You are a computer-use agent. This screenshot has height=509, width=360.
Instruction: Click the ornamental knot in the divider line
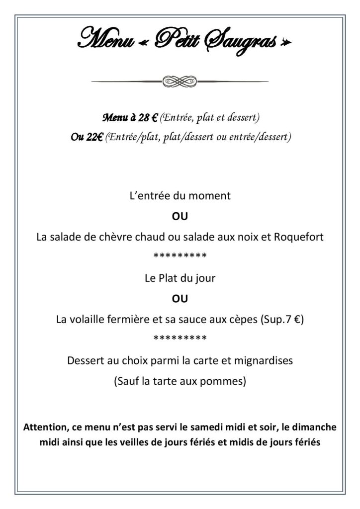[180, 81]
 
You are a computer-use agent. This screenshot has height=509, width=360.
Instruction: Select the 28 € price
[148, 118]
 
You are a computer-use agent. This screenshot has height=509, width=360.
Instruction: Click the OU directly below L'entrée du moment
[180, 217]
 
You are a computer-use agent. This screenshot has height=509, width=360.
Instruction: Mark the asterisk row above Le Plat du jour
[180, 257]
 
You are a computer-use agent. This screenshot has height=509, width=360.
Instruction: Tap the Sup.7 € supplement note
[282, 320]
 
